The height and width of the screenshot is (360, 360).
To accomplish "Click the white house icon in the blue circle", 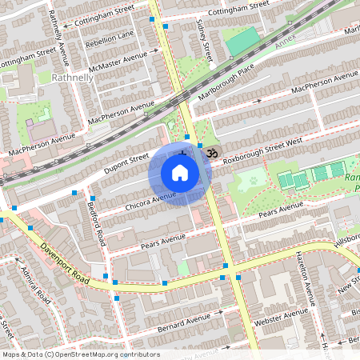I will tap(180, 173).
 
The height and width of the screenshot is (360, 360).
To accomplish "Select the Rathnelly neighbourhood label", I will tap(72, 78).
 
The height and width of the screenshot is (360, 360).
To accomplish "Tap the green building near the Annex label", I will tap(243, 42).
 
